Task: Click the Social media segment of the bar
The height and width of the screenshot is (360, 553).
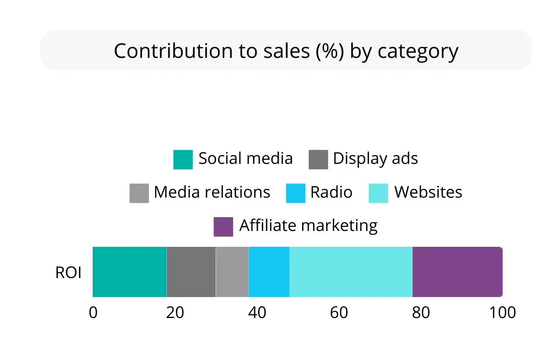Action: pyautogui.click(x=130, y=271)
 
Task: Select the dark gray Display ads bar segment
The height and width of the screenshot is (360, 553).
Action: pyautogui.click(x=191, y=271)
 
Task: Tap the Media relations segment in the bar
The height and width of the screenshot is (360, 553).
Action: pyautogui.click(x=232, y=271)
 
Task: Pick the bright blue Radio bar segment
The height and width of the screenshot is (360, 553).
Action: pyautogui.click(x=269, y=271)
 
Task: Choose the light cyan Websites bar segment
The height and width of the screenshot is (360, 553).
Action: pyautogui.click(x=351, y=271)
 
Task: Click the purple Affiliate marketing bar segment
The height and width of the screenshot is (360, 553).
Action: pyautogui.click(x=457, y=271)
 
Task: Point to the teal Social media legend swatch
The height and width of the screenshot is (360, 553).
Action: pyautogui.click(x=183, y=159)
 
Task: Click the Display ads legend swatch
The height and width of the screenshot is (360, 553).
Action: pyautogui.click(x=318, y=159)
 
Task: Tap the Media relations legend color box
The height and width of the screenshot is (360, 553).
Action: pyautogui.click(x=139, y=193)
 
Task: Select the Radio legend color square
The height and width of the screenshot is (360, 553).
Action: pyautogui.click(x=295, y=193)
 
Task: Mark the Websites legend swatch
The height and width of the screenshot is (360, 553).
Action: pyautogui.click(x=378, y=193)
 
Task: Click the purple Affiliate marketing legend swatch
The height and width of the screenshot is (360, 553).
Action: pyautogui.click(x=223, y=226)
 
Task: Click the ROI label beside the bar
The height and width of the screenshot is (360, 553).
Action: pyautogui.click(x=68, y=272)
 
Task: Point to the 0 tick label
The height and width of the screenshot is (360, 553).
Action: pyautogui.click(x=93, y=312)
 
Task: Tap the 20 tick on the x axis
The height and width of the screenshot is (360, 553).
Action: pyautogui.click(x=175, y=312)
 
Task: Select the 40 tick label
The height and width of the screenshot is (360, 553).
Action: pyautogui.click(x=257, y=312)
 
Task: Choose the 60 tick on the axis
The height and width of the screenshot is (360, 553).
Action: pyautogui.click(x=339, y=312)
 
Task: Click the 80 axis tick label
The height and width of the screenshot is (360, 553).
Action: pyautogui.click(x=421, y=312)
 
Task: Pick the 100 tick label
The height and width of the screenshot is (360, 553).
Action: pyautogui.click(x=502, y=312)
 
